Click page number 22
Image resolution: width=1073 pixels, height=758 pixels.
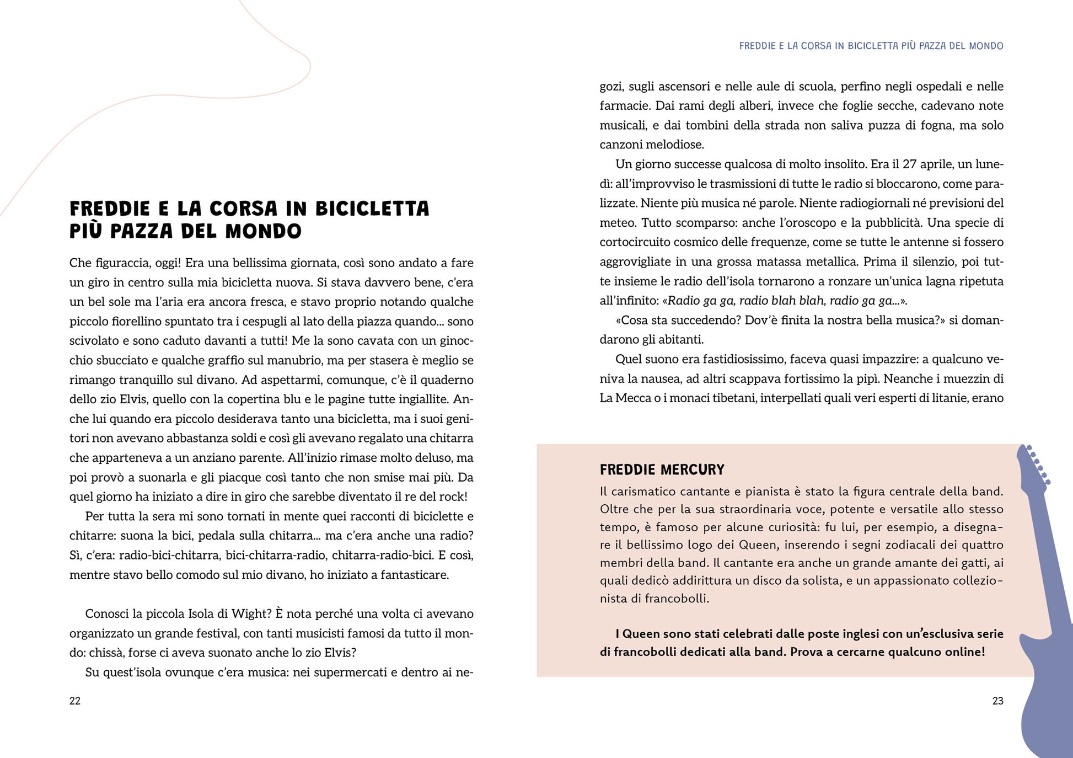[x=75, y=701]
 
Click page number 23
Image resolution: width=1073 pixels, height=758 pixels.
[x=997, y=701]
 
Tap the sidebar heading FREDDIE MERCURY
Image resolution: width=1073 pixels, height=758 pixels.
[x=662, y=469]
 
